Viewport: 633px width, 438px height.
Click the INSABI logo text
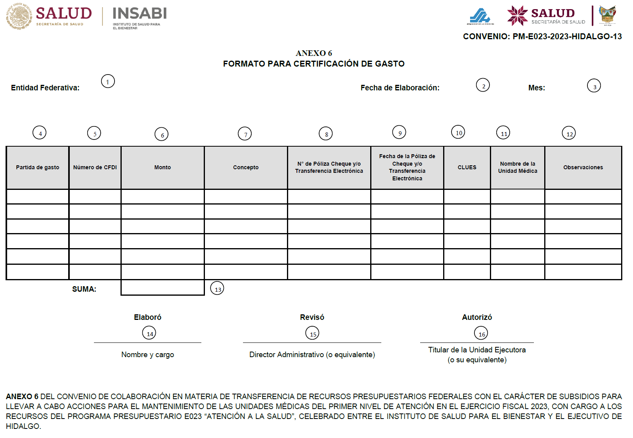(x=140, y=14)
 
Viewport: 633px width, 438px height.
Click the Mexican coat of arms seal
(x=19, y=16)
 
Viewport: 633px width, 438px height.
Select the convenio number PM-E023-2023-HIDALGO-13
(x=567, y=36)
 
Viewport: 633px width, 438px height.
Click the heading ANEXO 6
(x=314, y=53)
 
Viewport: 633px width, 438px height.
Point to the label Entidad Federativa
(x=45, y=88)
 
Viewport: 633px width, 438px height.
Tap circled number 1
(x=108, y=82)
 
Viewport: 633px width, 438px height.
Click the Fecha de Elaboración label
(x=400, y=88)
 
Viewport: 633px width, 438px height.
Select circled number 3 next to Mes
(x=594, y=86)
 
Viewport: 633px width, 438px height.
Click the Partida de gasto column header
(x=38, y=167)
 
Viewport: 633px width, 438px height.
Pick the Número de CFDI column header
(x=95, y=167)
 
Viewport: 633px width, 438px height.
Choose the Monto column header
(x=163, y=167)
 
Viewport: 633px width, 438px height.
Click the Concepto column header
(x=246, y=167)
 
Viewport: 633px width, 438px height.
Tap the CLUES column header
(x=467, y=167)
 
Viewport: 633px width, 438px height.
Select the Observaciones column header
(x=583, y=167)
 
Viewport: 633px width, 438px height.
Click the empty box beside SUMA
(x=163, y=288)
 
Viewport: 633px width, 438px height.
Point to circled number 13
(x=217, y=288)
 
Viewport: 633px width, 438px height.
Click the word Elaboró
(x=147, y=317)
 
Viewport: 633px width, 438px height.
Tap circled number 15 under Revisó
(x=312, y=333)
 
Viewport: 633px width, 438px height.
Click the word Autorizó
(x=477, y=317)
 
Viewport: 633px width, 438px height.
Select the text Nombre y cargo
(x=147, y=354)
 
